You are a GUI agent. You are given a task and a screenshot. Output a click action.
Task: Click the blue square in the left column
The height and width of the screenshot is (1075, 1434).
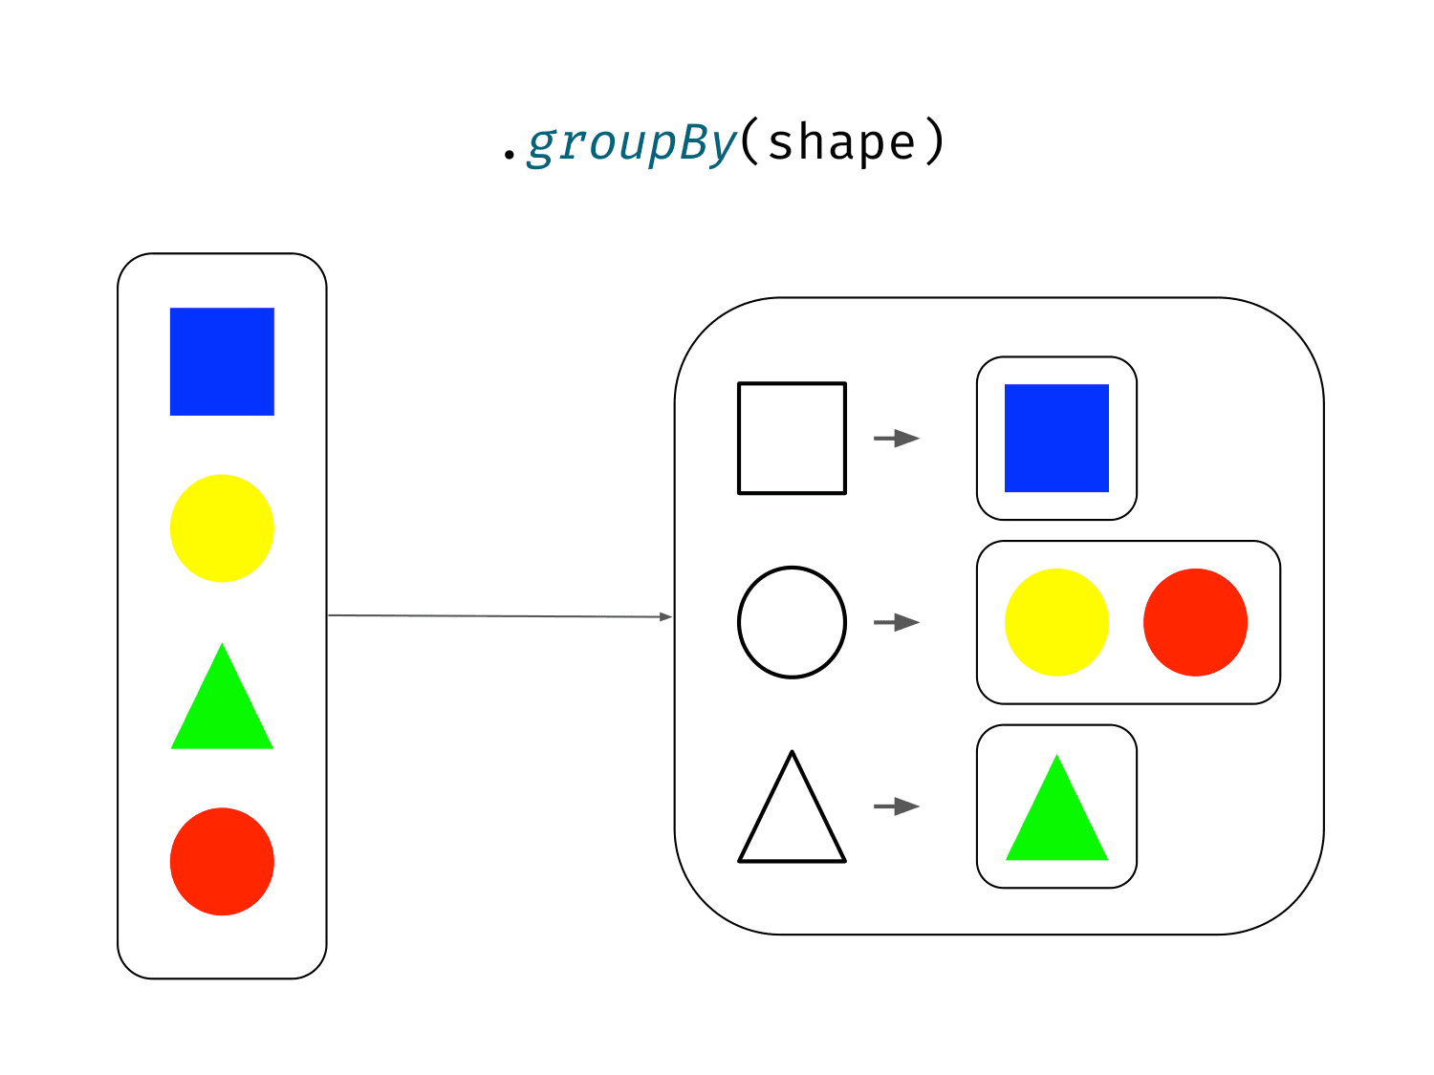[x=222, y=361]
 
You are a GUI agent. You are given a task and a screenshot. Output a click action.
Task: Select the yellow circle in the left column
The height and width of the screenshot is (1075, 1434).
[x=222, y=527]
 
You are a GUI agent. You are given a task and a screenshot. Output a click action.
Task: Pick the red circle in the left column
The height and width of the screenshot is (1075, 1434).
[x=222, y=861]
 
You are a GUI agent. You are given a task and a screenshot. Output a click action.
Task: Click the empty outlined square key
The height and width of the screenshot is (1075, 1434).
[x=739, y=438]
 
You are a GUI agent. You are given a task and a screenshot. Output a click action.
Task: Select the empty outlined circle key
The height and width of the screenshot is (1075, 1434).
[x=739, y=622]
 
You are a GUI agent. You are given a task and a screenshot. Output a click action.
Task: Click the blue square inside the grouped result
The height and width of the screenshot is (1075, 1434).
[x=1055, y=438]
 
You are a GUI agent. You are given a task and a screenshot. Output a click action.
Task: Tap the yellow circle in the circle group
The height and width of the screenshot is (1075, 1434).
[x=1055, y=621]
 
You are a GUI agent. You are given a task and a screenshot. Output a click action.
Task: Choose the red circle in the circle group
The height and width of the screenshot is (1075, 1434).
[x=1195, y=621]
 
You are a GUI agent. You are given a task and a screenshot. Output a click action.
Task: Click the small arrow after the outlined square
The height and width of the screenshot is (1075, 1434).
[x=897, y=438]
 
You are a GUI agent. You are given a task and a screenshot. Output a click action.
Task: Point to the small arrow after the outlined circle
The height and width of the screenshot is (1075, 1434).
[x=897, y=622]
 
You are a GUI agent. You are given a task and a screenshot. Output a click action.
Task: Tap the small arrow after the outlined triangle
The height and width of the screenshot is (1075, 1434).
[x=897, y=806]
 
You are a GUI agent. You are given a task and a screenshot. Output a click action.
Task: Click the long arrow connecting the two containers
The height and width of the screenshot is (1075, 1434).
[x=500, y=615]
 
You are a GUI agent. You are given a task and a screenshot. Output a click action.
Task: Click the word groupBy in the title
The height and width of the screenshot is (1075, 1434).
[x=632, y=143]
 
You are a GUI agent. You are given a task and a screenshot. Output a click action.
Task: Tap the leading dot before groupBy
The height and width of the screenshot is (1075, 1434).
[x=509, y=154]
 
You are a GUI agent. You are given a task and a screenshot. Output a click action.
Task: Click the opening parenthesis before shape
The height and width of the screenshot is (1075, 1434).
[x=750, y=140]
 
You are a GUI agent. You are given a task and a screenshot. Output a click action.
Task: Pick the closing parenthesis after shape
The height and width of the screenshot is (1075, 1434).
[x=935, y=140]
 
